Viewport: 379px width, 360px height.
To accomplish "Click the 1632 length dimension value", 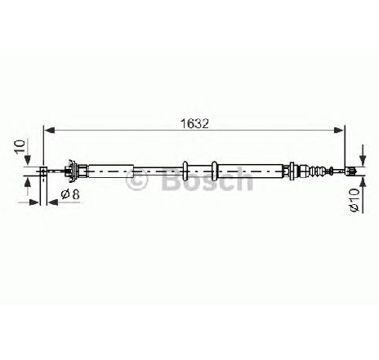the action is [x=194, y=124].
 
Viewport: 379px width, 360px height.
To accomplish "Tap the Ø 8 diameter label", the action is [x=70, y=194].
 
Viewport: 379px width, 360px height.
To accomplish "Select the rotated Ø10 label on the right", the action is [x=354, y=199].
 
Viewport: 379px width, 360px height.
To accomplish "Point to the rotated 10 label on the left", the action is [x=20, y=147].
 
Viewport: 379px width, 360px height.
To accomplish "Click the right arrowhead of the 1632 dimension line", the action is [x=339, y=131].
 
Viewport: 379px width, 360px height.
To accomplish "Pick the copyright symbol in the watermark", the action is [x=136, y=180].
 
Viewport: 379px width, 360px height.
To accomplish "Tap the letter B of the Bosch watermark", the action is [x=172, y=179].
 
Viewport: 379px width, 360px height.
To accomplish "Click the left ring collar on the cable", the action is [x=185, y=171].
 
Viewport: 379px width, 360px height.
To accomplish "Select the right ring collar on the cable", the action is [x=214, y=171].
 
